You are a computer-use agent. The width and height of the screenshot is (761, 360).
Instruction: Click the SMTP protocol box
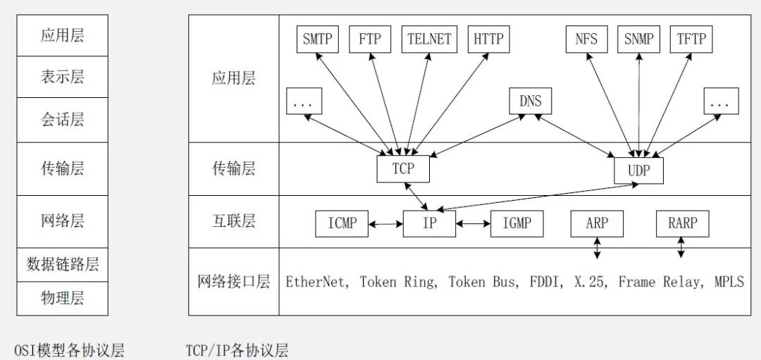[x=317, y=39]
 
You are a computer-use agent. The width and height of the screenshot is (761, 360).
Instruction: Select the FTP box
[x=370, y=39]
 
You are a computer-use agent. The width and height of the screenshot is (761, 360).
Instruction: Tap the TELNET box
[x=430, y=39]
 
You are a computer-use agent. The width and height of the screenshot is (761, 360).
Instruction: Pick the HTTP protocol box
[x=489, y=39]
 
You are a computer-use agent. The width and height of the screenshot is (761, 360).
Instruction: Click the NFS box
[x=586, y=39]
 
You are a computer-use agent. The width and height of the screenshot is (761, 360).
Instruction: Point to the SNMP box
[x=639, y=39]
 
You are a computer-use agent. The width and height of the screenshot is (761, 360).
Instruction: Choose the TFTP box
[x=691, y=39]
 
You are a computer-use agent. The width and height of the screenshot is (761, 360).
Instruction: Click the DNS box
[x=531, y=101]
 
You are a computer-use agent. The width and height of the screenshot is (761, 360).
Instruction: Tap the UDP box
[x=639, y=170]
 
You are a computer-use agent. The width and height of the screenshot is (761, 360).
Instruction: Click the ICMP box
[x=342, y=224]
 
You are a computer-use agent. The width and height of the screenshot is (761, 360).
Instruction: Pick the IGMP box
[x=517, y=224]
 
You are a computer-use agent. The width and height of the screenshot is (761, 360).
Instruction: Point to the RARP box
[x=682, y=224]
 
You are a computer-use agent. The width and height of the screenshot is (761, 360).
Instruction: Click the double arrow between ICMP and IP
[x=385, y=224]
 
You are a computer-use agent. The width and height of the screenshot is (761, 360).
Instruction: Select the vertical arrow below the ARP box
[x=598, y=248]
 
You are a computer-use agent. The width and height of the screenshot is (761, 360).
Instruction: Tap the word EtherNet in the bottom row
[x=316, y=282]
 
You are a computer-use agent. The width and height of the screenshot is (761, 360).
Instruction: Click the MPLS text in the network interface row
[x=728, y=282]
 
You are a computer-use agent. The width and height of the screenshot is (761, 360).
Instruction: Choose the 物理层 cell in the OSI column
[x=62, y=299]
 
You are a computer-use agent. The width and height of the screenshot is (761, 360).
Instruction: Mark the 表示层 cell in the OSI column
[x=62, y=77]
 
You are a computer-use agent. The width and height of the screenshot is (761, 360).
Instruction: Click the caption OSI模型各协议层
[x=69, y=350]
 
